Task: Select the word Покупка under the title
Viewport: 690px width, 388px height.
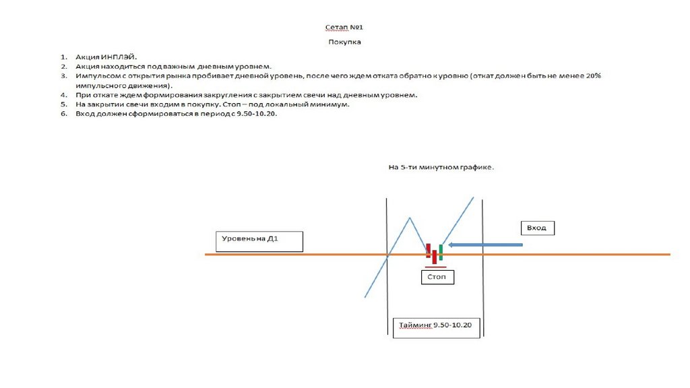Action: [x=344, y=42]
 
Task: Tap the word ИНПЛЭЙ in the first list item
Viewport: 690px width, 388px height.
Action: [x=119, y=57]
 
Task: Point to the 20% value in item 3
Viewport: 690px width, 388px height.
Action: [x=593, y=76]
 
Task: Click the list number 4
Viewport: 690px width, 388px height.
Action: [x=63, y=96]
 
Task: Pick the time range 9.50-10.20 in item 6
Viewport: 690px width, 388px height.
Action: [x=257, y=115]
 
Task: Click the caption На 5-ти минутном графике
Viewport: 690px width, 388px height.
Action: [x=441, y=168]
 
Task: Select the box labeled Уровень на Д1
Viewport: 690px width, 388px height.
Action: [x=259, y=242]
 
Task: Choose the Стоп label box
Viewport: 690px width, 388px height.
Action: [x=437, y=277]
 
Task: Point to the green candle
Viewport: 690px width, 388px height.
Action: [x=441, y=253]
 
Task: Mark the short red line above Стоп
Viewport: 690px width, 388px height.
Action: [x=435, y=267]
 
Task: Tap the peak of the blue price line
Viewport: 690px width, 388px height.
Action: [x=409, y=217]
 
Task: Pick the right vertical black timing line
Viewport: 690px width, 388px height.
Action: [x=484, y=269]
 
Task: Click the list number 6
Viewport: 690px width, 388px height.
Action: [x=63, y=115]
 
